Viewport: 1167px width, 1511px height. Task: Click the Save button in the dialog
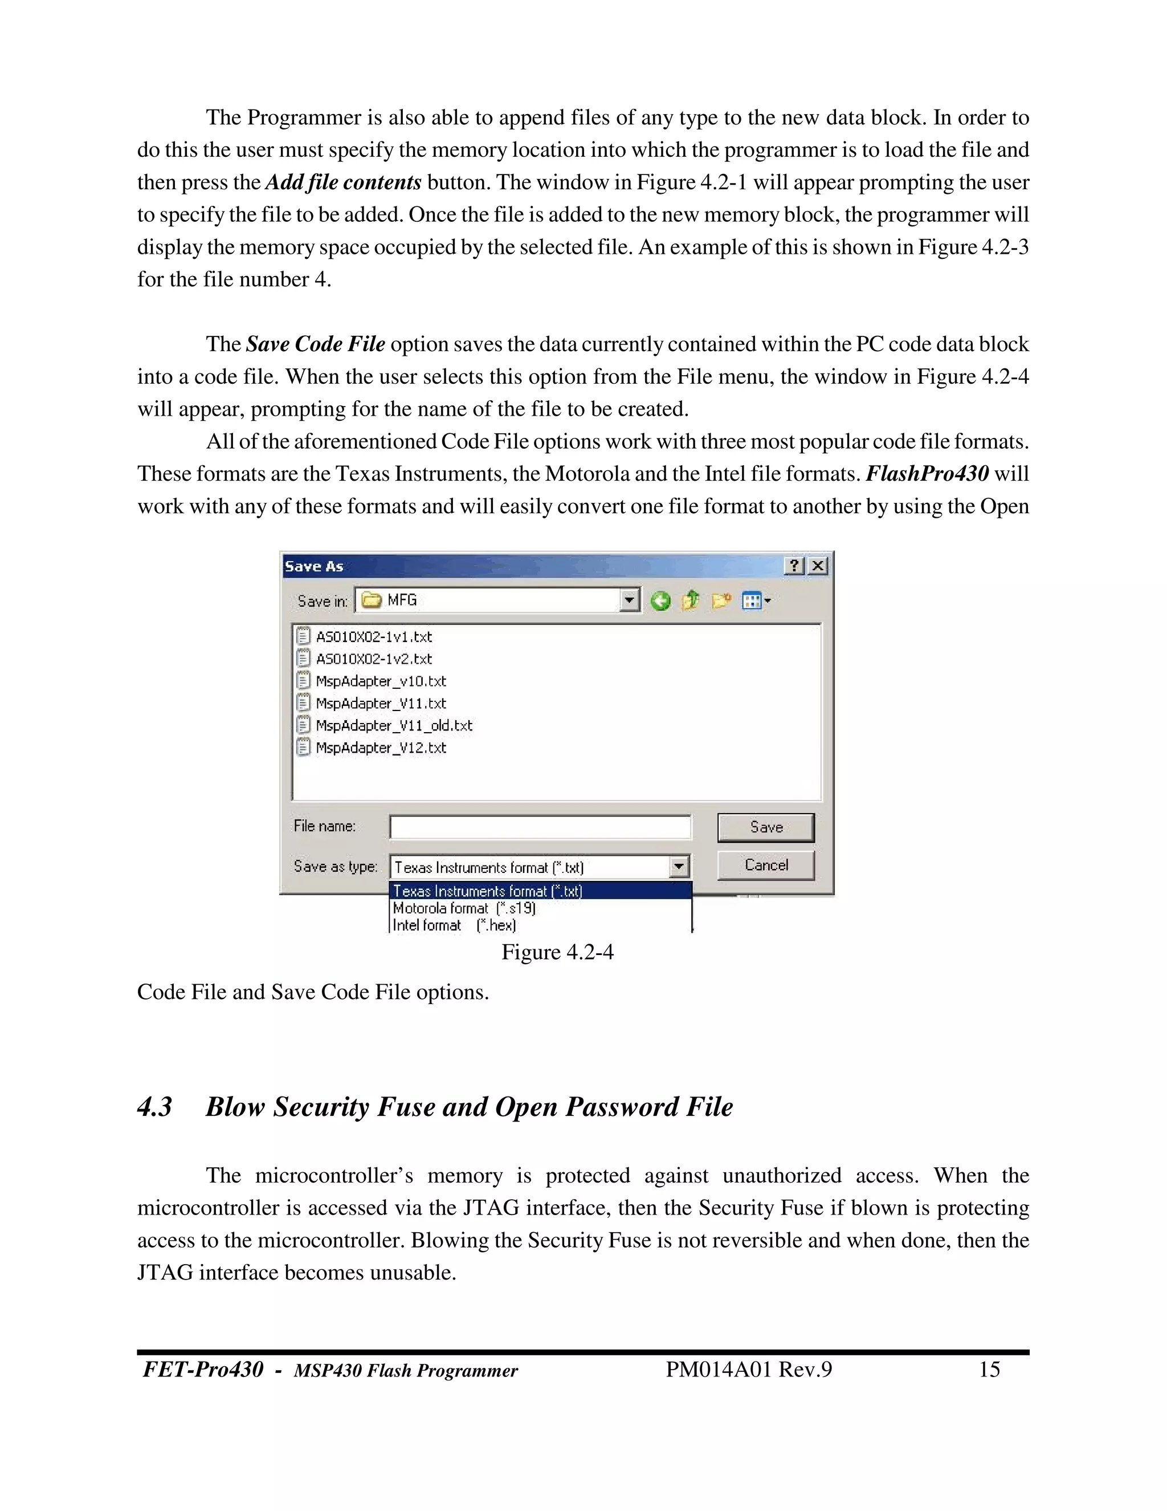pos(765,827)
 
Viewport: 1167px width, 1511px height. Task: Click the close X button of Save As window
pos(818,566)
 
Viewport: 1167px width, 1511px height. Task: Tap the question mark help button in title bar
pos(794,566)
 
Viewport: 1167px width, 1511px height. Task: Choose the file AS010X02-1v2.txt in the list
pos(373,659)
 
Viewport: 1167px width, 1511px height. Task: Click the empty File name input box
pos(540,827)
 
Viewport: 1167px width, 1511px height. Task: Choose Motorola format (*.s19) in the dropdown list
pos(464,908)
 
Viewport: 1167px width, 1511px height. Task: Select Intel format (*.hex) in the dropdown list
pos(454,925)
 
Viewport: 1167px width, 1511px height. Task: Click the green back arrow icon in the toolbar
pos(660,600)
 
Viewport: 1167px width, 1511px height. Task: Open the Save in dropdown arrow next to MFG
pos(629,600)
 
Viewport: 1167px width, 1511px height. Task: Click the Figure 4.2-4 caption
pos(557,953)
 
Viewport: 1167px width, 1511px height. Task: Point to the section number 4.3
pos(154,1107)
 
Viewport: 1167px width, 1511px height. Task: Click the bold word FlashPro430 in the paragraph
pos(927,474)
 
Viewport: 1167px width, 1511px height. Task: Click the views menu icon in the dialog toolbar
pos(754,600)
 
